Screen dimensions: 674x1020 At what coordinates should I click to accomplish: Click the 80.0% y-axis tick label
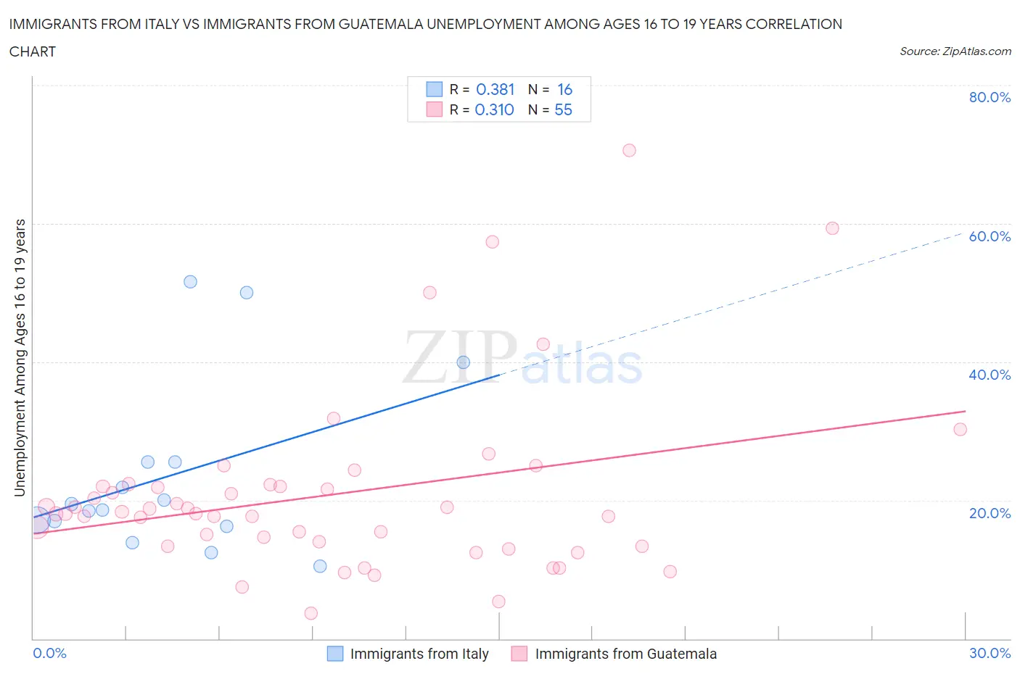(x=990, y=97)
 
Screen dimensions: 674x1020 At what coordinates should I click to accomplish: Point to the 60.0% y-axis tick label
(x=990, y=236)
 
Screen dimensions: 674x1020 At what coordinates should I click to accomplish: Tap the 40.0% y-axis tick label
(x=990, y=375)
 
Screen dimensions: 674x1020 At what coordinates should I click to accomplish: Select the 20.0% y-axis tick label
(x=990, y=513)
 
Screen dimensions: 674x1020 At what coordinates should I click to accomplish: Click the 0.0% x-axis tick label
(x=50, y=653)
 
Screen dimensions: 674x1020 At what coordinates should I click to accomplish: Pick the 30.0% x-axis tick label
(x=990, y=653)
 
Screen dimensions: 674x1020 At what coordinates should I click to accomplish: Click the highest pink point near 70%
(x=629, y=150)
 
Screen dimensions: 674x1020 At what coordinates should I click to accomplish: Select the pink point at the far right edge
(x=960, y=429)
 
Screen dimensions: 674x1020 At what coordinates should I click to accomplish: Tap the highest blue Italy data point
(x=190, y=282)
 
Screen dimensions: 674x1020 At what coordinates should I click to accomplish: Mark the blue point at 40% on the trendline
(x=463, y=362)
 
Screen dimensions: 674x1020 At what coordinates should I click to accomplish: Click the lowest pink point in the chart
(x=311, y=613)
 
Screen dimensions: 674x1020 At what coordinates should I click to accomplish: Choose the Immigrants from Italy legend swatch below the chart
(x=335, y=654)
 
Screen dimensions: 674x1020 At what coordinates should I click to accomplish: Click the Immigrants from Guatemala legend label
(x=625, y=654)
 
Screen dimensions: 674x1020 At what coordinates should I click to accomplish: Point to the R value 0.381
(x=495, y=89)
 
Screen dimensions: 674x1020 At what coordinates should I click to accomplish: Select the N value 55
(x=563, y=109)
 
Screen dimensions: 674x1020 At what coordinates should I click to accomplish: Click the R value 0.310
(x=494, y=109)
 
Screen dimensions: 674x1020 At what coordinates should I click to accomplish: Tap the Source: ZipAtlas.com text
(x=955, y=51)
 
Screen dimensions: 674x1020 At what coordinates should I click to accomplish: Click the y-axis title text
(x=20, y=357)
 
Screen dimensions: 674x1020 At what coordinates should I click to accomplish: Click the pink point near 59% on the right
(x=832, y=228)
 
